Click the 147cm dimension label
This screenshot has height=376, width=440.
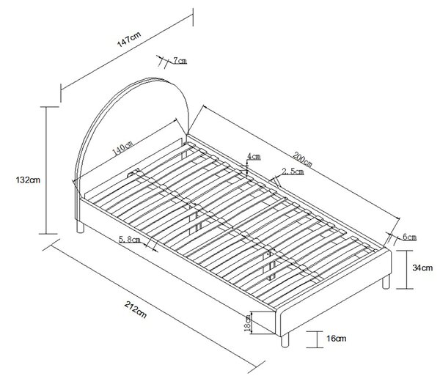(x=129, y=40)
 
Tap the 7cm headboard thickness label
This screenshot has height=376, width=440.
(x=180, y=61)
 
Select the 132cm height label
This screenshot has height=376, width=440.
(x=28, y=180)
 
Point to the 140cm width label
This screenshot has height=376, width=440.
(x=122, y=148)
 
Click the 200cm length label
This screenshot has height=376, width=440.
(x=302, y=159)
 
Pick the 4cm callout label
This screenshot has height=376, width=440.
(x=254, y=156)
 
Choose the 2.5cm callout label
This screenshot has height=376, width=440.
(x=293, y=172)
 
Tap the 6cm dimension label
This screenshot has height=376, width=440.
(x=409, y=237)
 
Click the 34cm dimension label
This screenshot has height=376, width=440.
(x=422, y=268)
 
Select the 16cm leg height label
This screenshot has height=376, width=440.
(x=336, y=339)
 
